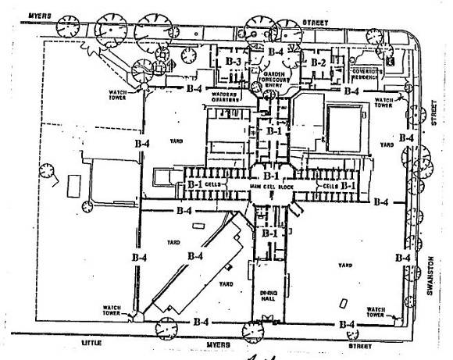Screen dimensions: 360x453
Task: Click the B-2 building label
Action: [317, 62]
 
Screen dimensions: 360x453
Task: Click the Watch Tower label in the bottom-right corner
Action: [382, 311]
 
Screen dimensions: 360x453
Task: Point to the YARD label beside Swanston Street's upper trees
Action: [383, 145]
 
